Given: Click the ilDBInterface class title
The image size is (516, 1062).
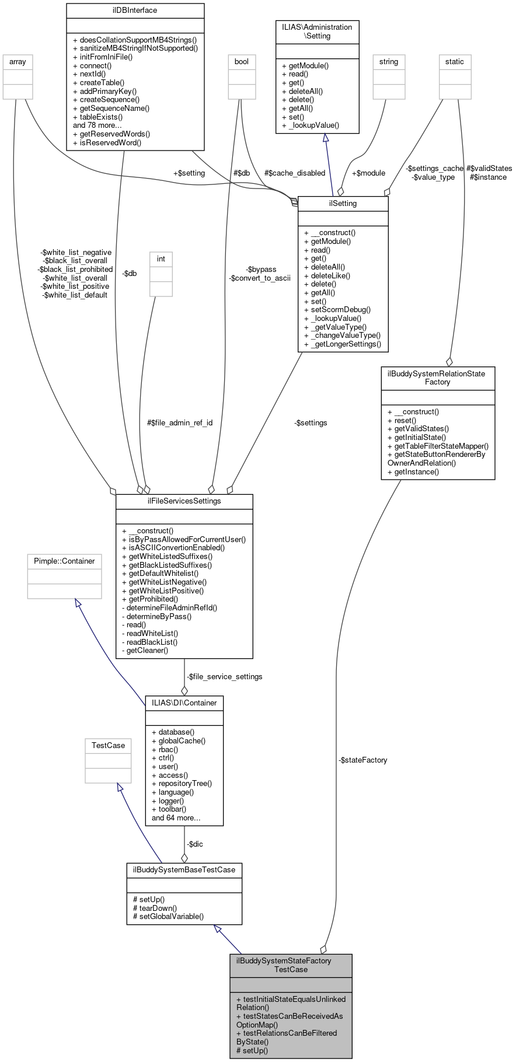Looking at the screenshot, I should pyautogui.click(x=135, y=10).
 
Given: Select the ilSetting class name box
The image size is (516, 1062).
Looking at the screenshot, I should pyautogui.click(x=343, y=204).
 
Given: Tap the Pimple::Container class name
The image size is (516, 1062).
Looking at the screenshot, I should pyautogui.click(x=64, y=561).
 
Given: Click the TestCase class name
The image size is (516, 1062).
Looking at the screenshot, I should pyautogui.click(x=108, y=745).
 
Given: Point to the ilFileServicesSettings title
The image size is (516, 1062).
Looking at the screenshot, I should pyautogui.click(x=184, y=501).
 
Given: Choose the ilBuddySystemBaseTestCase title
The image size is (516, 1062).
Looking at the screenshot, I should pyautogui.click(x=184, y=869).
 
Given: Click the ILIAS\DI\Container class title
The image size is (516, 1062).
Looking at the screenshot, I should pyautogui.click(x=184, y=703).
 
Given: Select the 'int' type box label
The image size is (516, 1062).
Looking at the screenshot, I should pyautogui.click(x=161, y=258).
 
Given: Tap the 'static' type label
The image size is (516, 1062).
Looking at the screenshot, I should pyautogui.click(x=455, y=61).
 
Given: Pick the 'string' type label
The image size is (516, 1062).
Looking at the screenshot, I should pyautogui.click(x=389, y=61).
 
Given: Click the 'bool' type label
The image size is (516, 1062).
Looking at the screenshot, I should pyautogui.click(x=241, y=61).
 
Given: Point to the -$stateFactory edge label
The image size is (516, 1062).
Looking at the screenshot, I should pyautogui.click(x=362, y=760).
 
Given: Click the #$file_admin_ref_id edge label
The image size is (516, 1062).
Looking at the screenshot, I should pyautogui.click(x=179, y=422).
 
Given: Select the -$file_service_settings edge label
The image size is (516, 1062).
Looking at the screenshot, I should pyautogui.click(x=225, y=676).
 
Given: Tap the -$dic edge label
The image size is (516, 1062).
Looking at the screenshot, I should pyautogui.click(x=195, y=844).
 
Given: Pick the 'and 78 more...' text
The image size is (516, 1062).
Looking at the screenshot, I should pyautogui.click(x=97, y=125).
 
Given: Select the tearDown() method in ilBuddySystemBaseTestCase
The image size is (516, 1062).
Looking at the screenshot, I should pyautogui.click(x=155, y=908).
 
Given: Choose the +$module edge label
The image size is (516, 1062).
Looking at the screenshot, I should pyautogui.click(x=368, y=173).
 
